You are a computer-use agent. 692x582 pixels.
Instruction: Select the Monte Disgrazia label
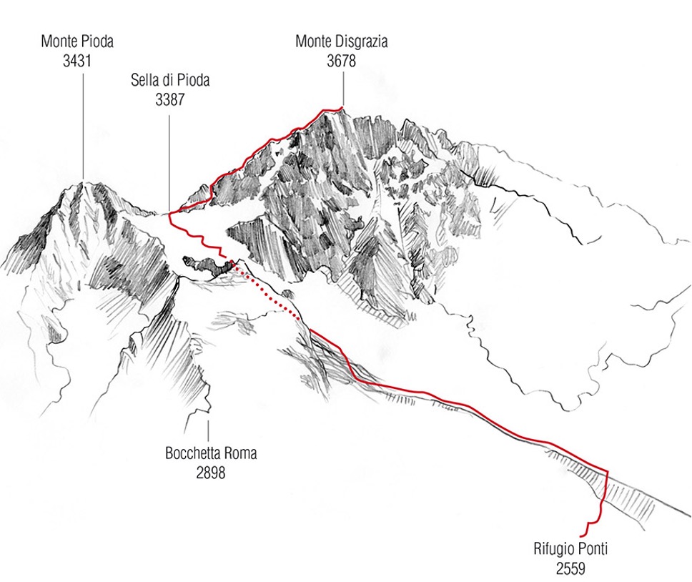coord(342,41)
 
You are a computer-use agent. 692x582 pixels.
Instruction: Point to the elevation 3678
coord(342,60)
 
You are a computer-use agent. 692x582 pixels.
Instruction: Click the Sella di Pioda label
coord(170,80)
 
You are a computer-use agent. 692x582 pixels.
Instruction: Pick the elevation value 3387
coord(170,99)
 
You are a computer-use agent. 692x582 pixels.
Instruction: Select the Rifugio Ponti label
coord(570,550)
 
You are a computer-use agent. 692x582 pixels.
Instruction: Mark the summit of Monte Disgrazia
coord(342,108)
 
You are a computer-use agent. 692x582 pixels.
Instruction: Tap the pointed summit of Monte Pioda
coord(84,182)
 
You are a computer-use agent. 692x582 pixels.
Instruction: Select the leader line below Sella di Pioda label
coord(169,157)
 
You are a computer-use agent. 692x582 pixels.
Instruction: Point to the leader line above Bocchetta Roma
coord(209,429)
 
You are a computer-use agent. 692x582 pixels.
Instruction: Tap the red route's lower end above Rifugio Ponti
coord(587,533)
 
